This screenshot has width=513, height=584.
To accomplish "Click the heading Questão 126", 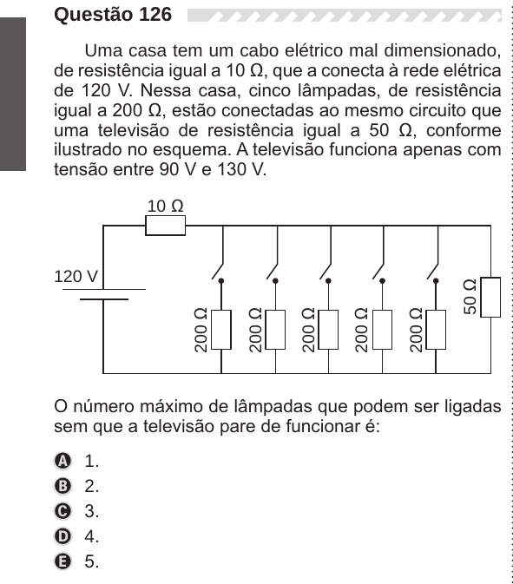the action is [x=113, y=15].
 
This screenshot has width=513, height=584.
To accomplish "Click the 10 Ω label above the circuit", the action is [x=166, y=206].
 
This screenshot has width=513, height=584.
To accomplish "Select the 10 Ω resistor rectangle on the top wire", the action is [x=166, y=226].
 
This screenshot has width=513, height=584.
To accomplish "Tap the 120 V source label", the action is [x=76, y=277].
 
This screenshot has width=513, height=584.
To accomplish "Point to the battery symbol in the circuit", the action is [x=104, y=294].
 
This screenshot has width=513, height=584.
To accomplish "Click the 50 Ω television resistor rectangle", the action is [x=490, y=298].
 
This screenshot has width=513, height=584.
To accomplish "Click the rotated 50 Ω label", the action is [x=470, y=297].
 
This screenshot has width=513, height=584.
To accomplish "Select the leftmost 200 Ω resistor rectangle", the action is [x=221, y=330].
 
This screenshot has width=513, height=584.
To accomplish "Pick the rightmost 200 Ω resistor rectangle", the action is [x=436, y=330].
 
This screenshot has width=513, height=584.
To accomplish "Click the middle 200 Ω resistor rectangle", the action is [x=328, y=330].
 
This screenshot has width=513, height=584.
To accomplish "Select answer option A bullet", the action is [x=62, y=461].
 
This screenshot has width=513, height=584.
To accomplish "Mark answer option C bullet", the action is [x=62, y=511].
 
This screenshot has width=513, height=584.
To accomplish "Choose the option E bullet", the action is [x=62, y=561].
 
